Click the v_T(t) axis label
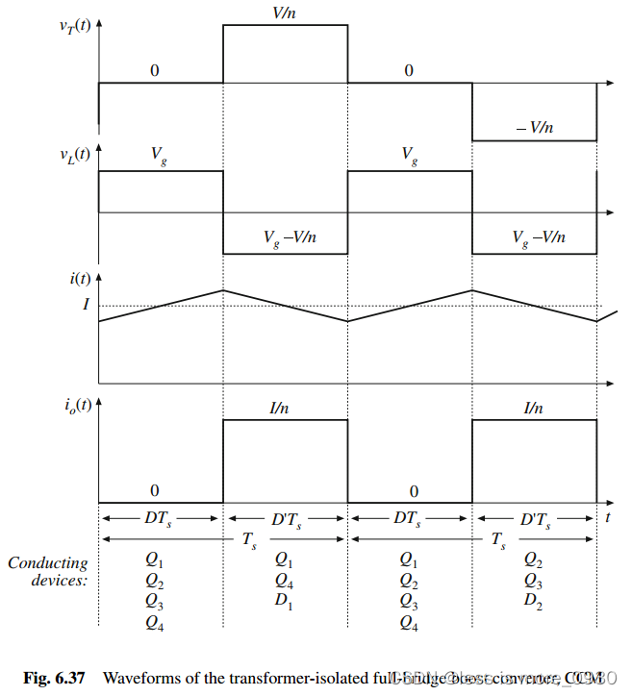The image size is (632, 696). tap(74, 26)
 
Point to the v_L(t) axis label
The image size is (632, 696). tap(74, 153)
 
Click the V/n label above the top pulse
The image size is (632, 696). tap(284, 13)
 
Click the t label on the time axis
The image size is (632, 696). tap(609, 517)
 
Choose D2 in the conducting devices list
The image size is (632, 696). tap(533, 600)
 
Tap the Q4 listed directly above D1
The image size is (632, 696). tap(283, 580)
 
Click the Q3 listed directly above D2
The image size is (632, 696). tap(533, 580)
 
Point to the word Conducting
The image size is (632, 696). tap(48, 563)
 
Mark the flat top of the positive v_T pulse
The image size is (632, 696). tap(285, 26)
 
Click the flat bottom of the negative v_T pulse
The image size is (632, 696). tap(534, 140)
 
